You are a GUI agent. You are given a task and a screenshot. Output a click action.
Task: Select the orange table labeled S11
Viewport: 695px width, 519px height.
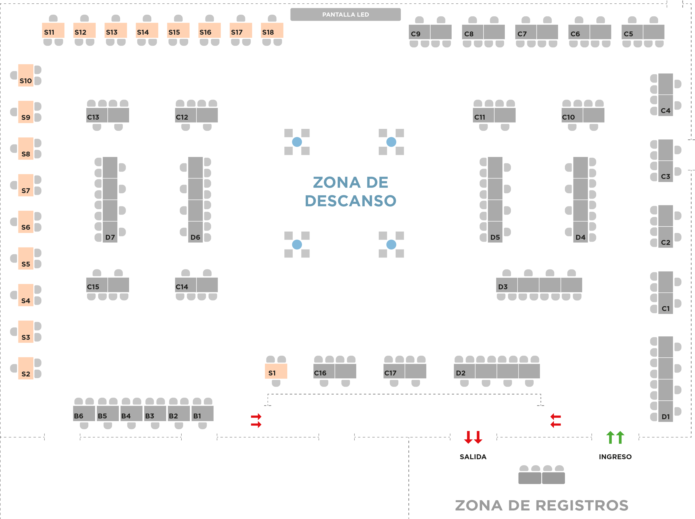point(53,30)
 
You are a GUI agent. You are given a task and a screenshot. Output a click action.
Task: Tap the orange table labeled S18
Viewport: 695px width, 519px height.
point(272,30)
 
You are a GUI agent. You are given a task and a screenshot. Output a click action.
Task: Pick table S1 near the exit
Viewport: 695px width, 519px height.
point(276,371)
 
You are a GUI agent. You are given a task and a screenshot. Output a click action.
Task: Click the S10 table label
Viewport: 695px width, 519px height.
point(26,81)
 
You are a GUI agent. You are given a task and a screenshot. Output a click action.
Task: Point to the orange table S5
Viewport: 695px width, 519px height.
point(26,259)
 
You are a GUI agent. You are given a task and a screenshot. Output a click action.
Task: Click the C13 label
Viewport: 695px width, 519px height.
point(93,117)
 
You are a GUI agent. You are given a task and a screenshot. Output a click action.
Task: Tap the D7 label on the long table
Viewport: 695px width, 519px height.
point(110,237)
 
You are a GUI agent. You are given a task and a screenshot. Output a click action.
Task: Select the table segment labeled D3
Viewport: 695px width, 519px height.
point(507,285)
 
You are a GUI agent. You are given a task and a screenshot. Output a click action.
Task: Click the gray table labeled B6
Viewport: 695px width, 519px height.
point(84,414)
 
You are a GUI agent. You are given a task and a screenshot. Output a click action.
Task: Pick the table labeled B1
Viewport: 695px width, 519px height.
point(203,414)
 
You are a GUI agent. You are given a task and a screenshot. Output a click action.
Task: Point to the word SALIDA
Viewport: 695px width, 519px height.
point(473,457)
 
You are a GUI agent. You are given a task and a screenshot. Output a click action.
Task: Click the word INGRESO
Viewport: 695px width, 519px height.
point(615,457)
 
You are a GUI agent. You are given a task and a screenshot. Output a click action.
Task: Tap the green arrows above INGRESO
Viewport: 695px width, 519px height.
point(615,437)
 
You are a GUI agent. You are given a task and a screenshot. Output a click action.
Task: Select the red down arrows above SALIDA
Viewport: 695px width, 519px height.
point(473,437)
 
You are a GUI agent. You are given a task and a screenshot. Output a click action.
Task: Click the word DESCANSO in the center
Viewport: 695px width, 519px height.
point(350,201)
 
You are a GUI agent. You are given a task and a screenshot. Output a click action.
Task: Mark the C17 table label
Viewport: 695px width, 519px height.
point(390,373)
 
